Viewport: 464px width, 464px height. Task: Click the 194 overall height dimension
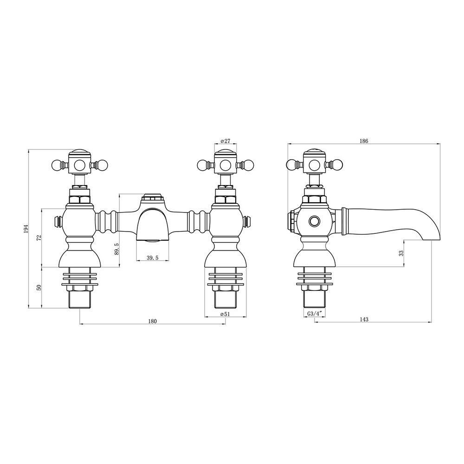coord(26,229)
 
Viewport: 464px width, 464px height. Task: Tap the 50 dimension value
coord(39,287)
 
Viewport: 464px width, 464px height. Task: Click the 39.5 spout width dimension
coord(153,258)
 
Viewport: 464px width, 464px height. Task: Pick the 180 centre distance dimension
coord(153,322)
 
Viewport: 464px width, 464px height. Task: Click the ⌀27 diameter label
coord(226,141)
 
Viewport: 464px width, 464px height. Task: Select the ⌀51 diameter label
coord(226,314)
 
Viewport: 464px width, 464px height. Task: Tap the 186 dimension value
coord(364,141)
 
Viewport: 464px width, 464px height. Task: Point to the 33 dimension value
coord(401,253)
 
